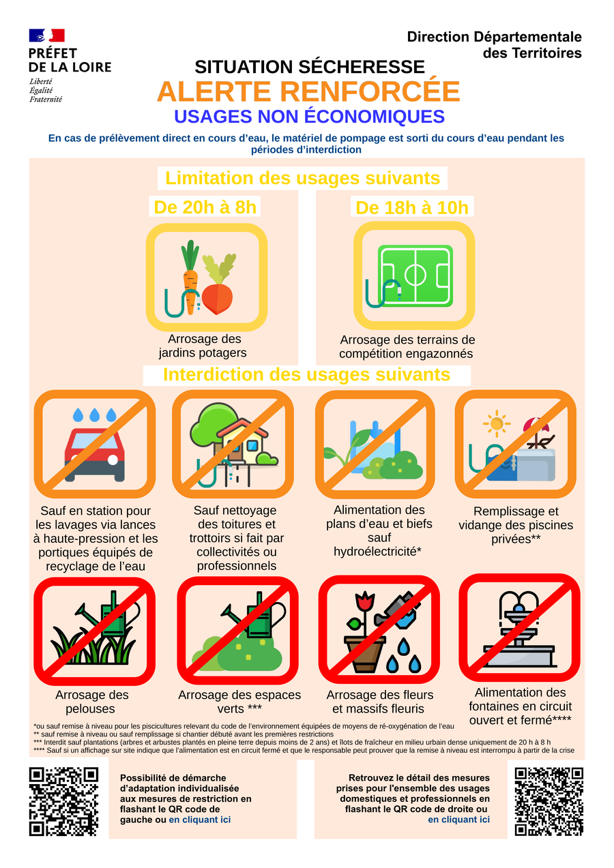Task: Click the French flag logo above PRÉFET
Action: (46, 35)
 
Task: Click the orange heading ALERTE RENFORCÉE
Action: (308, 91)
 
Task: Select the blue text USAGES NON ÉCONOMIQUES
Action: (309, 117)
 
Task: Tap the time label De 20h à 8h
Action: (205, 207)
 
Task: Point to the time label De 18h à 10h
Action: (411, 208)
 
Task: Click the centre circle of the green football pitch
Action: (415, 275)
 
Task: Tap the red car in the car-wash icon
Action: (95, 455)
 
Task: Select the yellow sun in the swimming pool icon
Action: (497, 423)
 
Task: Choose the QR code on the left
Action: (64, 801)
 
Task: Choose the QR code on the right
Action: (549, 801)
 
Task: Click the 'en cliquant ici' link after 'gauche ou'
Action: (200, 820)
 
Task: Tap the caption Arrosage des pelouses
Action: (91, 702)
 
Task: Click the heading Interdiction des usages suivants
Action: (306, 375)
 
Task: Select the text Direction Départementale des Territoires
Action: (494, 45)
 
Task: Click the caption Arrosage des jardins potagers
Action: (203, 346)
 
